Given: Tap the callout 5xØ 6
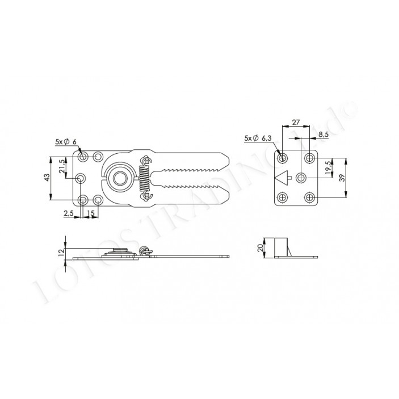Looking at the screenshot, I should click(66, 142).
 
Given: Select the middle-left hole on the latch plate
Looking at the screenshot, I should click(82, 178).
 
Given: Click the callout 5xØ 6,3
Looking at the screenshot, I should click(259, 138).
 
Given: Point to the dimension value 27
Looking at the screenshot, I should click(296, 123).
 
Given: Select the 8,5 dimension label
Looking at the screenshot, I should click(323, 135).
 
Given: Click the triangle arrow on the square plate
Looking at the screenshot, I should click(283, 177).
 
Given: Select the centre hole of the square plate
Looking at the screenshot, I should click(303, 178).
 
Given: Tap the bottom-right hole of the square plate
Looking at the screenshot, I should click(310, 197).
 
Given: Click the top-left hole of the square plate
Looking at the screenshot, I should click(283, 157).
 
